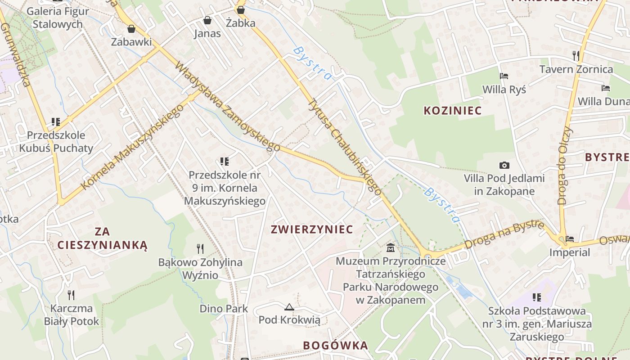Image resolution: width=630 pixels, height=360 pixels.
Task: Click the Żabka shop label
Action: tap(241, 23)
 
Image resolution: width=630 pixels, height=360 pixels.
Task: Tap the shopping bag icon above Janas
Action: tap(207, 20)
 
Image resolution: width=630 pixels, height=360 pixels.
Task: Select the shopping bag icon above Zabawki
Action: tap(131, 29)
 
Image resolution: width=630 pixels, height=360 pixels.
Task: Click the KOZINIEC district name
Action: tap(453, 111)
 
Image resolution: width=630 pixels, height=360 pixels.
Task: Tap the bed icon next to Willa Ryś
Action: tap(504, 76)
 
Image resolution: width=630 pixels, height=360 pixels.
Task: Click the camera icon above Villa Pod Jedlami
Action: tap(504, 165)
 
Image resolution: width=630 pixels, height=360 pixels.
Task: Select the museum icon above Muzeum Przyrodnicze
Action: tap(391, 247)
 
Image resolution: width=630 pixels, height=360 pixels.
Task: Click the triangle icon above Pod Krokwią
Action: tap(289, 307)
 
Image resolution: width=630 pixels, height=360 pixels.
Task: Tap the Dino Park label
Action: tap(224, 309)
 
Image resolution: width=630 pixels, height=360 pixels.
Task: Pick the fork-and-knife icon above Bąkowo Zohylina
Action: tap(200, 248)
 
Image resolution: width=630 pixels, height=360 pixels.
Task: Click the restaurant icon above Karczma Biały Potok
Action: tap(71, 295)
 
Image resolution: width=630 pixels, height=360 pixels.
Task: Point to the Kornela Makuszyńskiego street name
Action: tap(133, 147)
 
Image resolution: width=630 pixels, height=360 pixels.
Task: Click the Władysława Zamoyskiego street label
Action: tap(227, 106)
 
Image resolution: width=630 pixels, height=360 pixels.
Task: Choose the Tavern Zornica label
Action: tap(576, 69)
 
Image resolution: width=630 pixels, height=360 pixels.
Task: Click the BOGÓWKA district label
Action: tap(335, 346)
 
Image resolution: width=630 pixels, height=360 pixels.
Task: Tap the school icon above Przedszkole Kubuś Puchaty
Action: tap(56, 121)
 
